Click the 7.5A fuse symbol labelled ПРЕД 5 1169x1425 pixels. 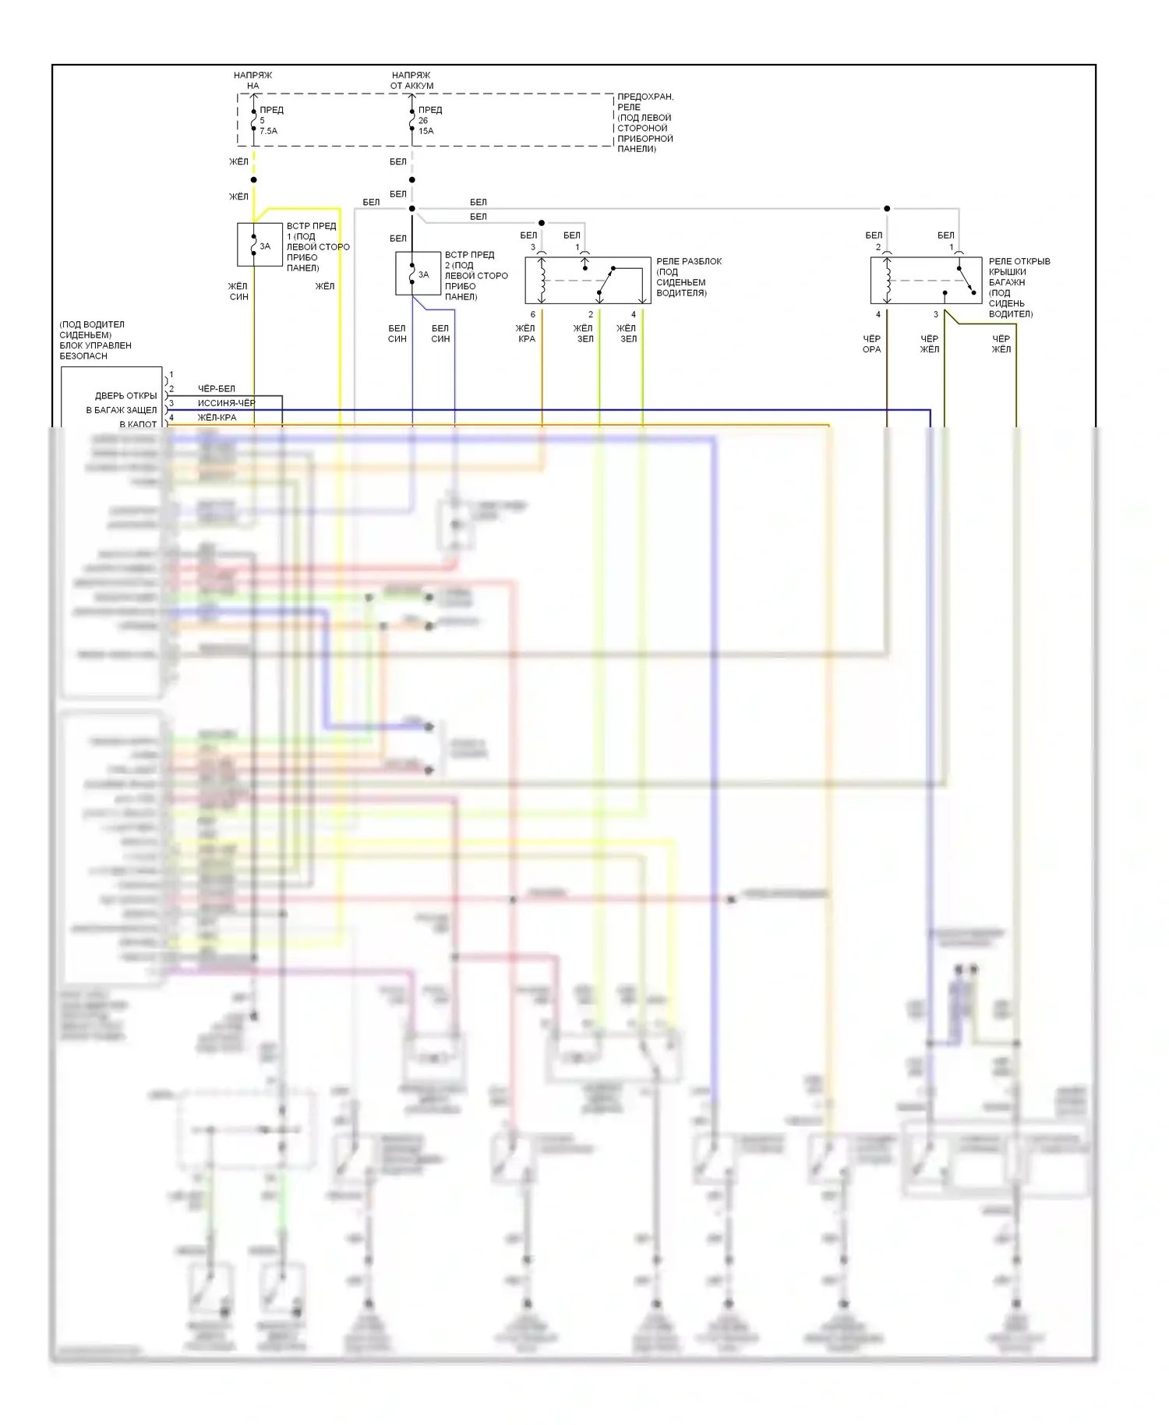(x=254, y=120)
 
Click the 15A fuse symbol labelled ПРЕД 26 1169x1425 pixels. (x=412, y=120)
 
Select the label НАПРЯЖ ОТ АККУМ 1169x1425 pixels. (x=411, y=80)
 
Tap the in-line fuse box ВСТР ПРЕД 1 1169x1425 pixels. (x=260, y=245)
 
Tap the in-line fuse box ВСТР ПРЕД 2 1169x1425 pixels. (x=418, y=274)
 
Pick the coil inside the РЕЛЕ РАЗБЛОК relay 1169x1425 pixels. (x=542, y=281)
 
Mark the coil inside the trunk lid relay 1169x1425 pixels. (x=887, y=281)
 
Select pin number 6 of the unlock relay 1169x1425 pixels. (x=533, y=315)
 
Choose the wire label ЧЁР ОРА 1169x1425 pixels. (x=871, y=344)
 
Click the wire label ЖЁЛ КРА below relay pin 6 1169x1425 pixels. (x=526, y=334)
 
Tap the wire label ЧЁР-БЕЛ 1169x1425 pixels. (x=216, y=388)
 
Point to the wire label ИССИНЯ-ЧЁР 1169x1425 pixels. (x=226, y=403)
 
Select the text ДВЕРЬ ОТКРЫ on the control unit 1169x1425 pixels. (x=125, y=396)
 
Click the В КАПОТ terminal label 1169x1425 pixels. (x=138, y=424)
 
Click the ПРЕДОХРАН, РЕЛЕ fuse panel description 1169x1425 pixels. (x=645, y=122)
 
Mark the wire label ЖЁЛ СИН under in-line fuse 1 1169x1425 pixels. (x=238, y=292)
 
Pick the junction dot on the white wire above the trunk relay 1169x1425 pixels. (x=887, y=209)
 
